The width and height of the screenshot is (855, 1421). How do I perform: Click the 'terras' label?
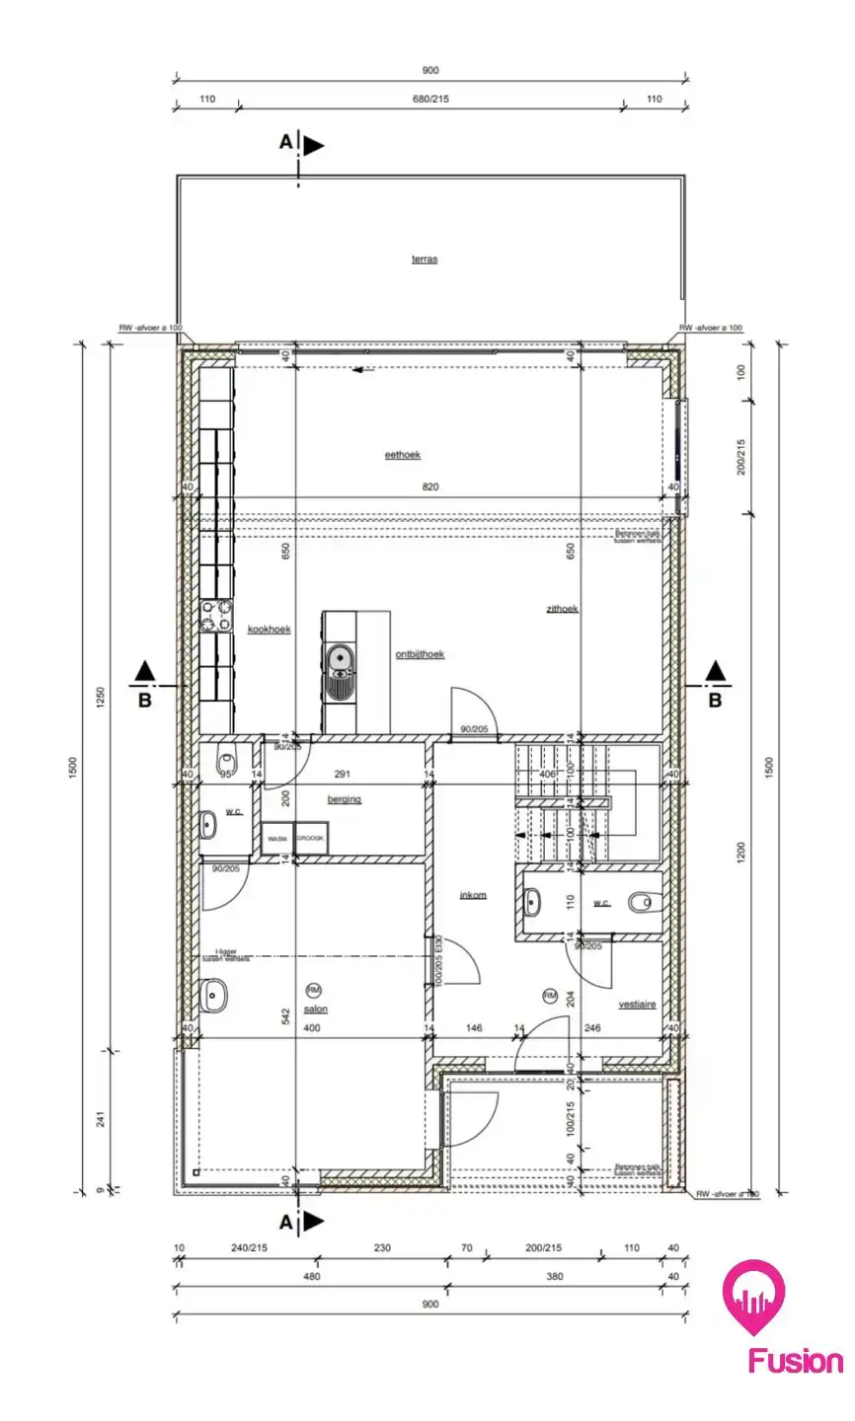point(425,260)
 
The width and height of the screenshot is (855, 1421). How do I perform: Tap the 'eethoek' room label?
point(403,455)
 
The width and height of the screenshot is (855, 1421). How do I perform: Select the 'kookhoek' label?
point(269,630)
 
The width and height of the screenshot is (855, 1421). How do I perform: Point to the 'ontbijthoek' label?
point(420,654)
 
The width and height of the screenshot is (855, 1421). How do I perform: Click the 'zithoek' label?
point(562,609)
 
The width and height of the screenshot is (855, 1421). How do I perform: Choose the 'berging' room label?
point(345,799)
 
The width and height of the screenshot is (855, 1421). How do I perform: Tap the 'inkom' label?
point(473,895)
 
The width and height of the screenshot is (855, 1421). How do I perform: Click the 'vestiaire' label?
point(638,1004)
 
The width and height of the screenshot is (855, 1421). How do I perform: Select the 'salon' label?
point(316,1010)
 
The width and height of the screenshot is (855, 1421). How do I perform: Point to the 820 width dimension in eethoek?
point(429,486)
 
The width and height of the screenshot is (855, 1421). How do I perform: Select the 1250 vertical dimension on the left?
point(99,698)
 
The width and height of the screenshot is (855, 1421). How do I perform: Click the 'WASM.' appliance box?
point(277,838)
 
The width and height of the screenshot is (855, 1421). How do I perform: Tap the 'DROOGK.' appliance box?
point(311,838)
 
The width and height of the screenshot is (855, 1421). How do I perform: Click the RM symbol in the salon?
point(314,990)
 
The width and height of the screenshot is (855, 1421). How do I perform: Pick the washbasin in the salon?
point(213,996)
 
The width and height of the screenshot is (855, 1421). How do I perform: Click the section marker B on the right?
point(715,701)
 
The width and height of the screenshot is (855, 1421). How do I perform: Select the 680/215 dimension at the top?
point(429,100)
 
